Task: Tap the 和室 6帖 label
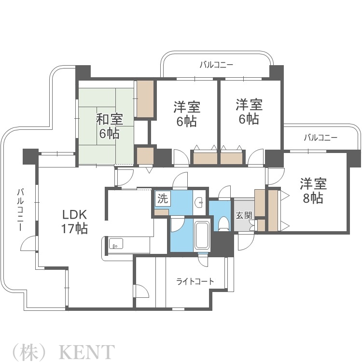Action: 109,126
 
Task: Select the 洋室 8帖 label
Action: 313,191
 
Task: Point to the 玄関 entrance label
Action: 244,215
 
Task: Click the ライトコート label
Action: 195,281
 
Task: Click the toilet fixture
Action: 223,223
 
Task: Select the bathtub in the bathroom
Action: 202,235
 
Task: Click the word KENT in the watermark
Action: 87,351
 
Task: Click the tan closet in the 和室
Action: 145,99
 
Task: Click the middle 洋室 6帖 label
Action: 186,114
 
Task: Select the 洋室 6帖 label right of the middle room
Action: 249,111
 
